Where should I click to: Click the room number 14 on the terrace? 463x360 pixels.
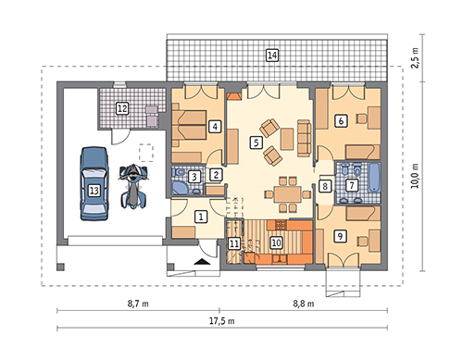pyautogui.click(x=272, y=56)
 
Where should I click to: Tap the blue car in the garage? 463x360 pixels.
pyautogui.click(x=94, y=184)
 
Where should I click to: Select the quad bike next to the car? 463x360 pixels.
pyautogui.click(x=134, y=186)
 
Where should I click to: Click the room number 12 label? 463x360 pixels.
pyautogui.click(x=122, y=108)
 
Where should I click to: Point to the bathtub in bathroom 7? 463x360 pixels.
pyautogui.click(x=374, y=178)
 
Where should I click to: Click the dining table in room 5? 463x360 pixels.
pyautogui.click(x=287, y=194)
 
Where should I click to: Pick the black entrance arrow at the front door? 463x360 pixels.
pyautogui.click(x=202, y=262)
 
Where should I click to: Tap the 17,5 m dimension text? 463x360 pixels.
pyautogui.click(x=222, y=321)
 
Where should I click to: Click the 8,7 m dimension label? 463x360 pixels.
pyautogui.click(x=138, y=304)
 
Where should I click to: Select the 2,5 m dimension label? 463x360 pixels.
pyautogui.click(x=416, y=57)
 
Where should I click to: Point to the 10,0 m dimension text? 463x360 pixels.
pyautogui.click(x=416, y=176)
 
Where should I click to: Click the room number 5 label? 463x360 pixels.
pyautogui.click(x=257, y=143)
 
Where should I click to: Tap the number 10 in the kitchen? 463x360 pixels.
pyautogui.click(x=276, y=242)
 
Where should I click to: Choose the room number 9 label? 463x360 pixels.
pyautogui.click(x=340, y=236)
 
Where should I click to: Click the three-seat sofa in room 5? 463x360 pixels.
pyautogui.click(x=304, y=138)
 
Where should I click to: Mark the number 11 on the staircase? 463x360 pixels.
pyautogui.click(x=234, y=243)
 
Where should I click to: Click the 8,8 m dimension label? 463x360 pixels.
pyautogui.click(x=304, y=304)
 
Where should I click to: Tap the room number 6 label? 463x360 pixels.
pyautogui.click(x=341, y=120)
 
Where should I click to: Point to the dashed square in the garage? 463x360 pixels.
pyautogui.click(x=146, y=153)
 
